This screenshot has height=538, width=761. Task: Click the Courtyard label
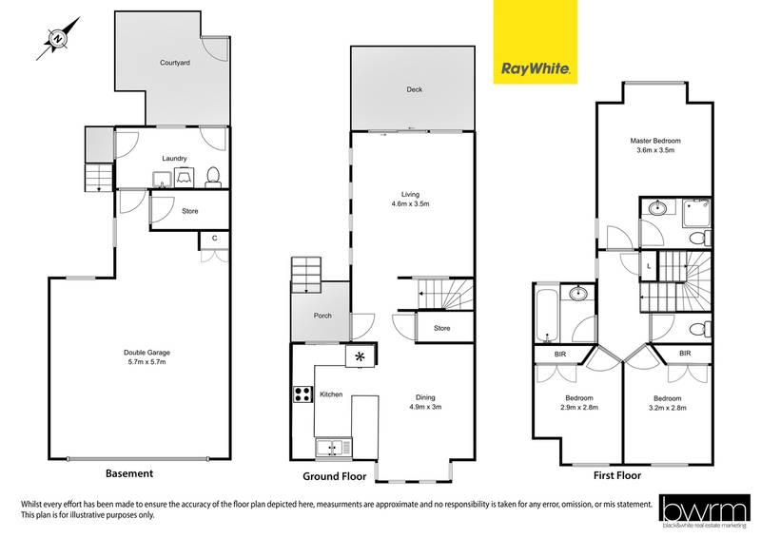(x=174, y=64)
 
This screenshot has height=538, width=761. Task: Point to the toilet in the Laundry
(x=213, y=175)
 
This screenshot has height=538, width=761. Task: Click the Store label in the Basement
(x=189, y=211)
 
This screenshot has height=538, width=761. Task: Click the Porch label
(x=322, y=316)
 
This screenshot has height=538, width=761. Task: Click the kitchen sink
(x=332, y=446)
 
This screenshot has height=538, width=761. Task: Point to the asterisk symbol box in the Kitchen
(x=360, y=356)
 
